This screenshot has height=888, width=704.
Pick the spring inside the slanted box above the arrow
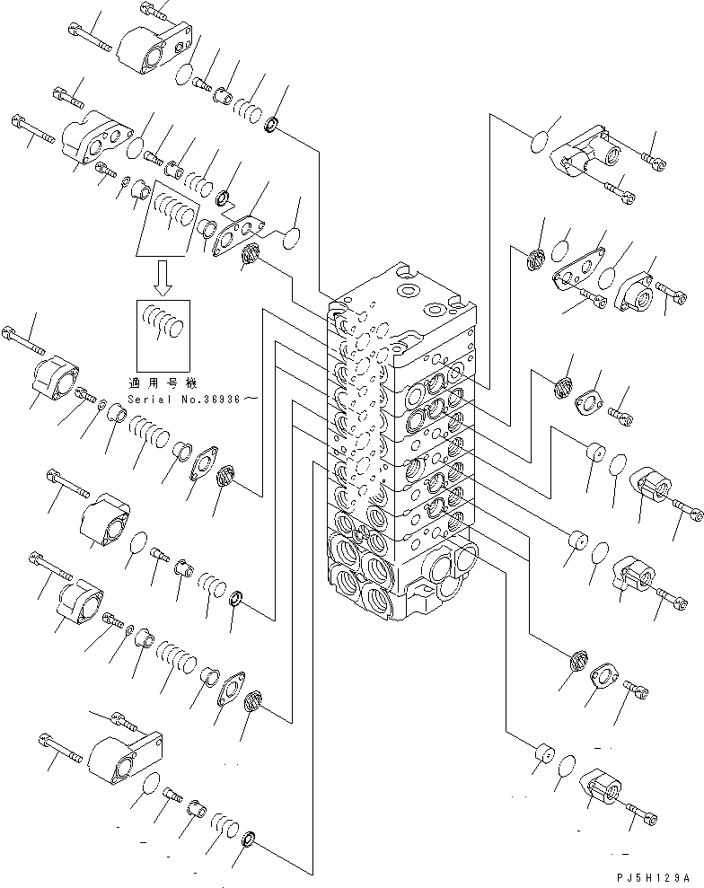click(x=171, y=216)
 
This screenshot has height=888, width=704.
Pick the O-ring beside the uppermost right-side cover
click(x=539, y=142)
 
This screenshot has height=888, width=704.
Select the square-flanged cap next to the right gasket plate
click(x=638, y=288)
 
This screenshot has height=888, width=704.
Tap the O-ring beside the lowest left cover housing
click(x=152, y=784)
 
